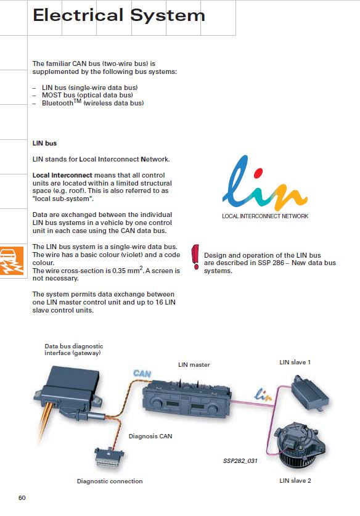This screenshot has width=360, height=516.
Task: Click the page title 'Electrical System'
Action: click(x=119, y=15)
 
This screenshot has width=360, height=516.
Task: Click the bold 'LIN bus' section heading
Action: click(x=44, y=143)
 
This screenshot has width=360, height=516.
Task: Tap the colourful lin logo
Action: click(x=264, y=182)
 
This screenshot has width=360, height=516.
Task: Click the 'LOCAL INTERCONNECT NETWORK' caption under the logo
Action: click(x=265, y=216)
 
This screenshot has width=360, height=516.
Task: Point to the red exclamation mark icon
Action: click(x=195, y=256)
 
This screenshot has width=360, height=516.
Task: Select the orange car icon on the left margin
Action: click(x=12, y=260)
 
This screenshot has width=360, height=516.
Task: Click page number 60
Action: click(x=22, y=498)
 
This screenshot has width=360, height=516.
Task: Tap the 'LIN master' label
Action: click(x=194, y=364)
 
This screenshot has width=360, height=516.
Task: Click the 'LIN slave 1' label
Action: click(x=295, y=362)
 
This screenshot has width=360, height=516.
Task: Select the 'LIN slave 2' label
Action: click(x=295, y=480)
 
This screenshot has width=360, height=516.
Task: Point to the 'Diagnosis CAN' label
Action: click(x=150, y=436)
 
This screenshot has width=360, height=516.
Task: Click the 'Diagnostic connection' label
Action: click(x=110, y=481)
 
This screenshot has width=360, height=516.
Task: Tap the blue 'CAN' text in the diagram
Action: click(x=142, y=374)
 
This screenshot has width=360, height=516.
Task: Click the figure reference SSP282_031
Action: click(x=240, y=461)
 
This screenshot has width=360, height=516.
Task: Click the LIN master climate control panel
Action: click(x=187, y=399)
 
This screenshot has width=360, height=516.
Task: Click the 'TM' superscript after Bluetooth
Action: click(x=77, y=100)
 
